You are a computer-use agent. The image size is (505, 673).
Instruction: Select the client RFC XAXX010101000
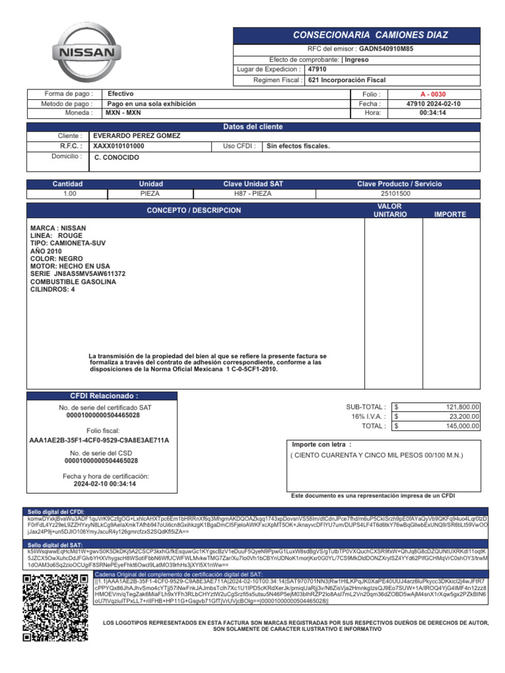coord(119,146)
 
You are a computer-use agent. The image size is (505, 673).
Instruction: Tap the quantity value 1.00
coord(69,194)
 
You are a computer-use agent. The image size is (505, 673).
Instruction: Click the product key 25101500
coord(395,194)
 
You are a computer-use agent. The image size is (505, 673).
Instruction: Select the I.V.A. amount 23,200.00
coord(464,416)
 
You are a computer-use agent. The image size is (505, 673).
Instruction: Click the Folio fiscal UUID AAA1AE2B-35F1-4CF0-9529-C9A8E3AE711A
coord(99,440)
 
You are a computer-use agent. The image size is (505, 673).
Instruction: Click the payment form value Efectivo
coord(121,94)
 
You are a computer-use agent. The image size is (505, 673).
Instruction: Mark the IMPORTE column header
coord(450,214)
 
